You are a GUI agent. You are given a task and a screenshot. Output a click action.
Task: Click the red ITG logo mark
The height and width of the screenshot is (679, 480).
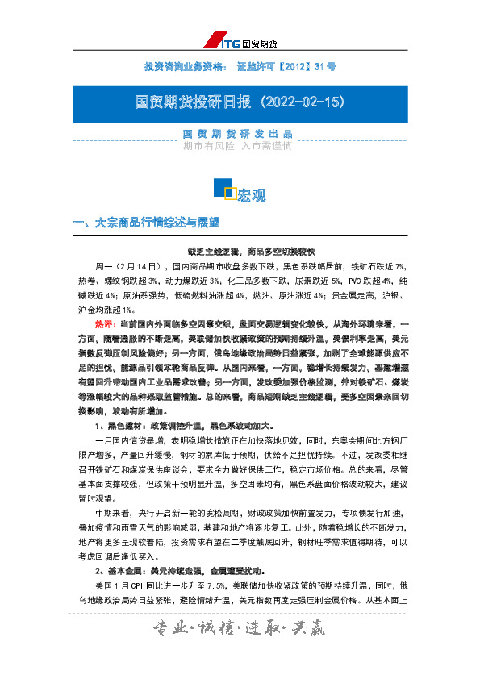[213, 41]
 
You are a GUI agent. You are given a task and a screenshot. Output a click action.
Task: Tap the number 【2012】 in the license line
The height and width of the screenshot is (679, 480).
[292, 66]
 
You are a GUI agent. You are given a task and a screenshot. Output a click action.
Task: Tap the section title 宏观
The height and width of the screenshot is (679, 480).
[250, 194]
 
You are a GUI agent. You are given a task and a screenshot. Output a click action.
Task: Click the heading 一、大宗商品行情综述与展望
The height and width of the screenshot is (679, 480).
[146, 223]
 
